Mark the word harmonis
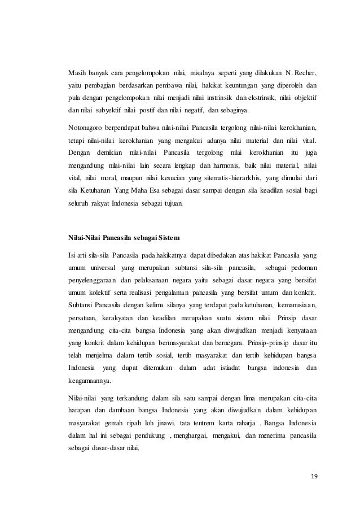tap(226, 165)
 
